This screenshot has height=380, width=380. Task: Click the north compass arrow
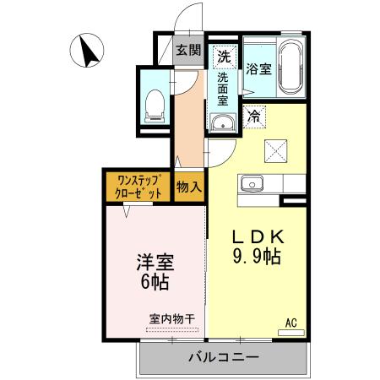tap(86, 51)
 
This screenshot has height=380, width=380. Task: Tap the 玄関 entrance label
tap(187, 51)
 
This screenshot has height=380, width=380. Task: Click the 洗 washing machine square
tap(223, 57)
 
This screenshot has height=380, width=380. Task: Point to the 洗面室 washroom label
tap(223, 88)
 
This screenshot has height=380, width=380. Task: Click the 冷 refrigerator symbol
tap(253, 117)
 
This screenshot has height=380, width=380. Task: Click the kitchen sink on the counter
tap(251, 183)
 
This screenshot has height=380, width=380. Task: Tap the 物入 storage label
tap(188, 186)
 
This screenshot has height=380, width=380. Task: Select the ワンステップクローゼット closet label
tap(138, 186)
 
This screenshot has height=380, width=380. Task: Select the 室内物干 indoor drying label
tap(172, 318)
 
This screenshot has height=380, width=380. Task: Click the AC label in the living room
tap(290, 323)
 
